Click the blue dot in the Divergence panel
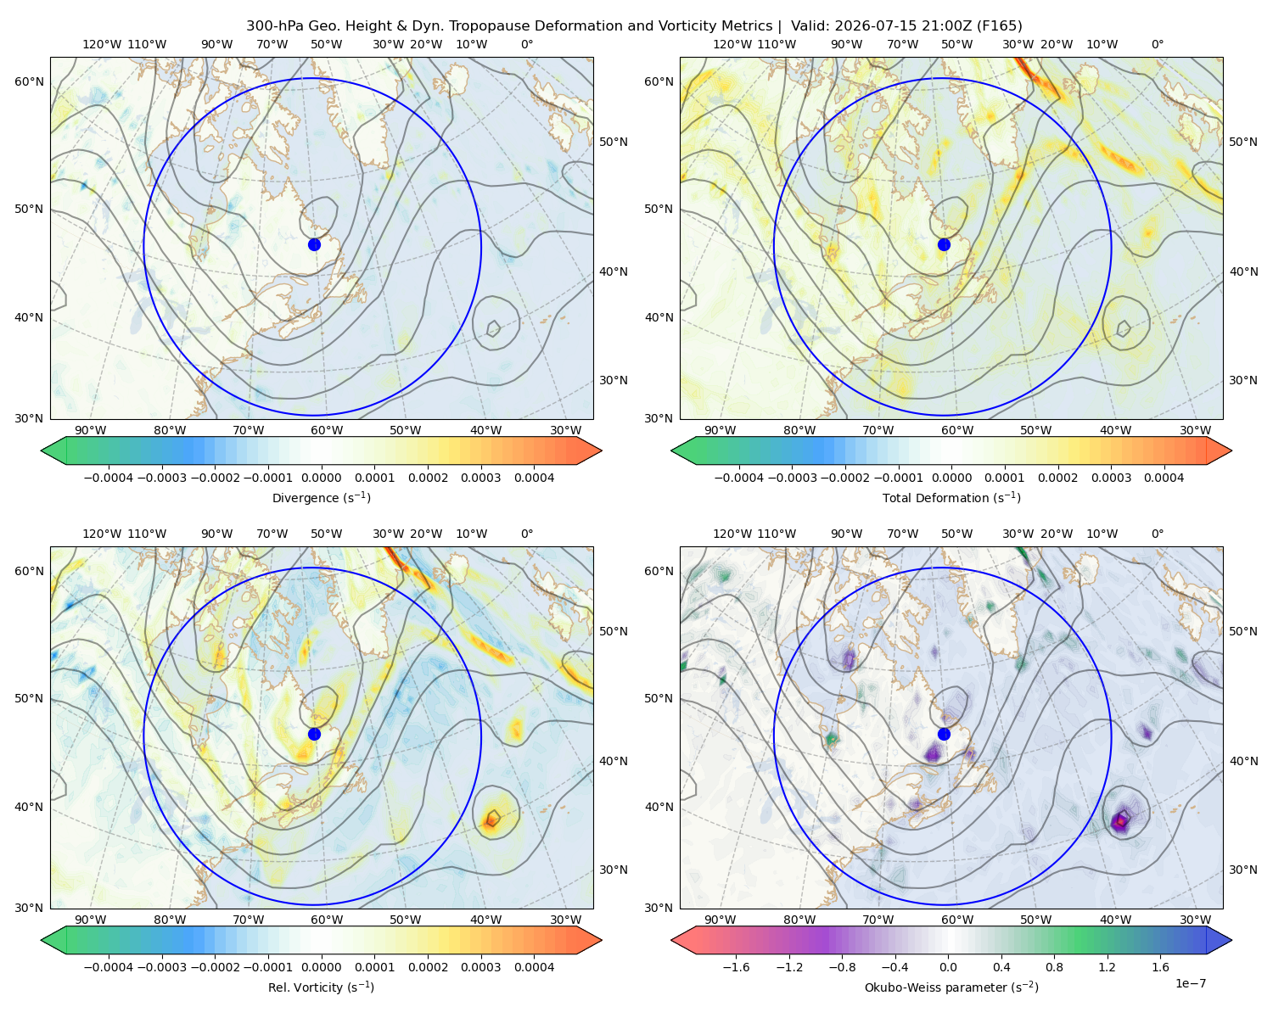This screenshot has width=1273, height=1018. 314,244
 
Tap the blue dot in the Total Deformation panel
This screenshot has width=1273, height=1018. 944,244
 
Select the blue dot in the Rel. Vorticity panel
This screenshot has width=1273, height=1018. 314,734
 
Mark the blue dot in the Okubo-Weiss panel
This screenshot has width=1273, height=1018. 944,734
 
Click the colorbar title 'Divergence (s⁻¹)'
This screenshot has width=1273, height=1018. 321,497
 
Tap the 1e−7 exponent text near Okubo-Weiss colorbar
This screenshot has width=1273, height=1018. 1190,983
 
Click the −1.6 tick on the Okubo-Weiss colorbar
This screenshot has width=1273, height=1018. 736,966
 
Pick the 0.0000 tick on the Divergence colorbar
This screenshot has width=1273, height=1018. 321,478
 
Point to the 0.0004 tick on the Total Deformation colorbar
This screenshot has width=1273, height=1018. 1164,478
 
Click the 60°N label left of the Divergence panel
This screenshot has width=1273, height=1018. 29,81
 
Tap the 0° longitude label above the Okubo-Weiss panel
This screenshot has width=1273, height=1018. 1157,534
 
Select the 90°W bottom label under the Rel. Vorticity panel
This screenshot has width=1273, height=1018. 91,920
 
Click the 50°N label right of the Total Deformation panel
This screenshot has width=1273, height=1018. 1242,142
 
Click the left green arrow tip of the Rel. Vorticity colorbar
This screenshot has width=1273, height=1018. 42,940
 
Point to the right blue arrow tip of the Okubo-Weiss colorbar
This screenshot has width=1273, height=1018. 1231,940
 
